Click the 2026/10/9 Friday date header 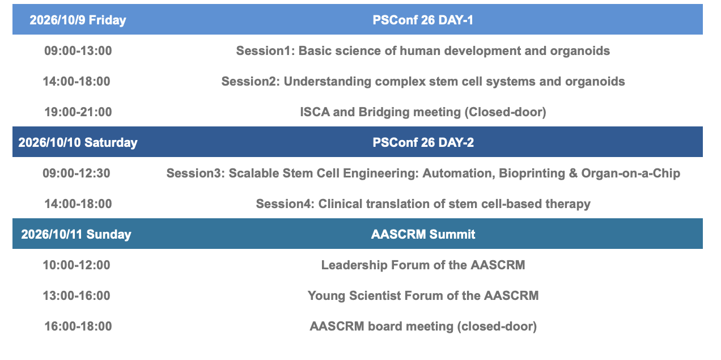[x=78, y=20]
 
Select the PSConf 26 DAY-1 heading [x=423, y=20]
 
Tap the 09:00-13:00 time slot [x=78, y=51]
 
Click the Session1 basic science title [x=423, y=51]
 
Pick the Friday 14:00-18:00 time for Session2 [x=77, y=82]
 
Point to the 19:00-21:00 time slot [x=78, y=112]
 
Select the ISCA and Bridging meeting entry [x=423, y=112]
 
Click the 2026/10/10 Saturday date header [x=78, y=142]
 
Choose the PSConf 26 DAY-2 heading [x=423, y=142]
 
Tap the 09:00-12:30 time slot [x=77, y=173]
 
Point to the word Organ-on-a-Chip [x=630, y=173]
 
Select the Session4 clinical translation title [x=423, y=204]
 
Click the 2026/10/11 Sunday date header [x=77, y=234]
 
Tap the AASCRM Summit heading [x=423, y=234]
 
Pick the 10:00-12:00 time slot [x=77, y=265]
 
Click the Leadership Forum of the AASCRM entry [x=423, y=265]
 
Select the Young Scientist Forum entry [x=423, y=295]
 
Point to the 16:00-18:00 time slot [x=78, y=326]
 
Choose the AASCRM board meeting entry [x=423, y=326]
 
